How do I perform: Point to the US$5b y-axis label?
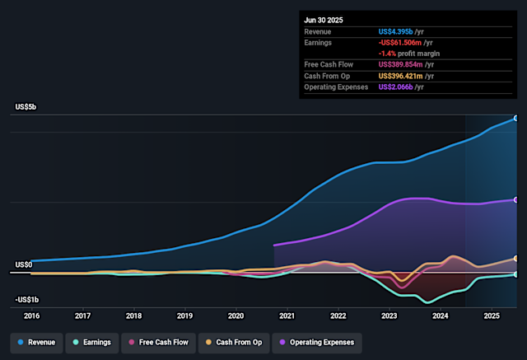pyautogui.click(x=26, y=108)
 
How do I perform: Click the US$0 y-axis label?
pyautogui.click(x=24, y=264)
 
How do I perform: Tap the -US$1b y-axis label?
pyautogui.click(x=28, y=300)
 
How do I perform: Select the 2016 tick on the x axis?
pyautogui.click(x=31, y=316)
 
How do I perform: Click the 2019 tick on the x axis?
pyautogui.click(x=184, y=316)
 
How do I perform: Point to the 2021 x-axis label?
pyautogui.click(x=287, y=316)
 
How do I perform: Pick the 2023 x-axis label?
pyautogui.click(x=389, y=316)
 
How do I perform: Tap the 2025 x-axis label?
pyautogui.click(x=492, y=316)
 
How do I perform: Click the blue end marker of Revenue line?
pyautogui.click(x=516, y=119)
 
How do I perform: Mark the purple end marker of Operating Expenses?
pyautogui.click(x=516, y=200)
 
